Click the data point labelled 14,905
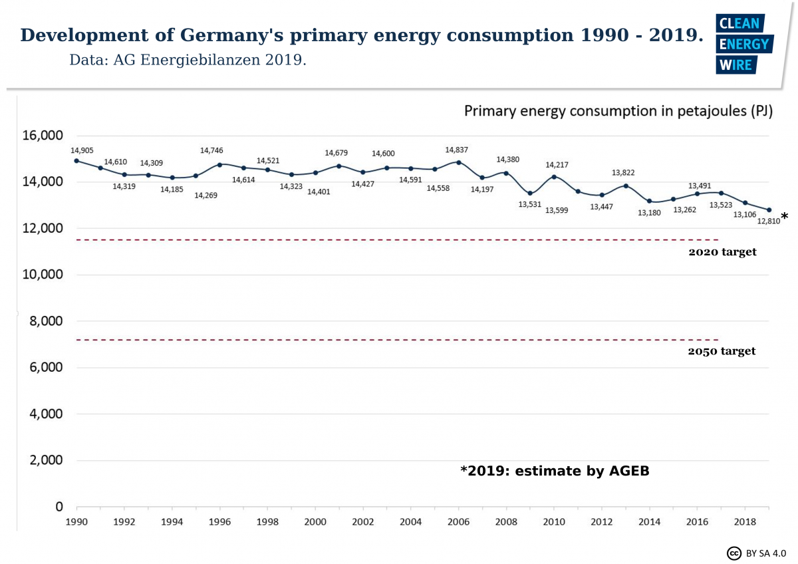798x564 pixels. click(76, 161)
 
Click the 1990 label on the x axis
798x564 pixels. click(76, 523)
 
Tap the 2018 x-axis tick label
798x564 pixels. click(745, 523)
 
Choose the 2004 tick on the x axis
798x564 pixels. click(411, 523)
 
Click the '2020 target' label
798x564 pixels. click(722, 252)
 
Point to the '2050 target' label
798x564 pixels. click(722, 351)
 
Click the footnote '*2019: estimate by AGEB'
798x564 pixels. click(555, 471)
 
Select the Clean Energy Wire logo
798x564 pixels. click(743, 44)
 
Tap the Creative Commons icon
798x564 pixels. click(734, 553)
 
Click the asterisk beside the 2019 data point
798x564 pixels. click(785, 217)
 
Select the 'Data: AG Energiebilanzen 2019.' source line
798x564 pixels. click(188, 60)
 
